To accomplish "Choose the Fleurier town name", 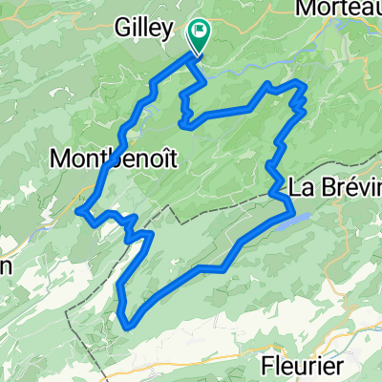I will click(x=303, y=366).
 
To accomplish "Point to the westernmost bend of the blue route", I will click(x=80, y=209).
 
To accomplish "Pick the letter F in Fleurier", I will click(x=267, y=366).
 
